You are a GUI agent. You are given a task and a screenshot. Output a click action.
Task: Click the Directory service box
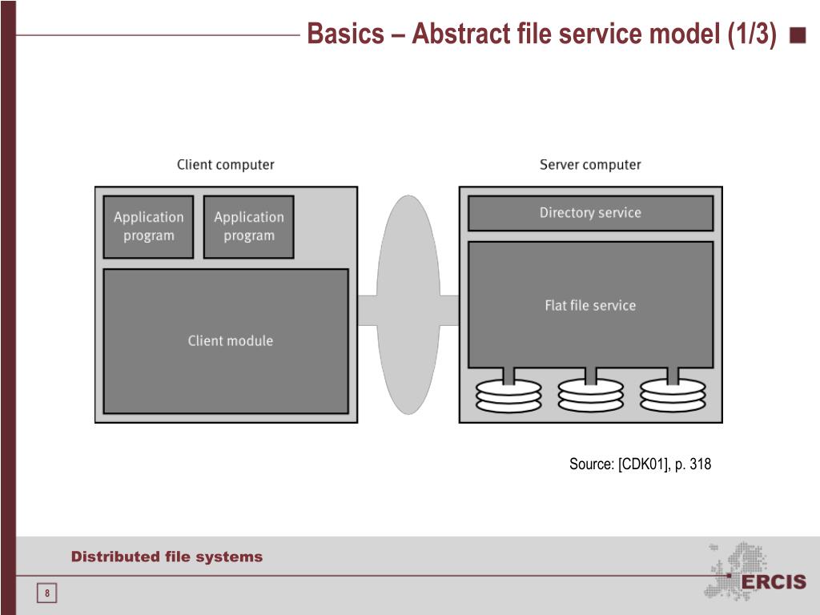click(x=590, y=213)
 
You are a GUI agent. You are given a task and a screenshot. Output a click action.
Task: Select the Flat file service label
click(x=590, y=305)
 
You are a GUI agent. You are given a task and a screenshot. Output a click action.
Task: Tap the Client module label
click(x=231, y=341)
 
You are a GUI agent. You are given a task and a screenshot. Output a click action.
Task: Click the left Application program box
click(x=148, y=227)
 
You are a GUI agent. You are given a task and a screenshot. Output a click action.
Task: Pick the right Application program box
click(x=249, y=227)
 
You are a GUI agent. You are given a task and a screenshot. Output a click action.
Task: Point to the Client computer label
click(x=225, y=165)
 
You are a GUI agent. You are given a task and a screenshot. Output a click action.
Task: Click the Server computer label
click(x=590, y=165)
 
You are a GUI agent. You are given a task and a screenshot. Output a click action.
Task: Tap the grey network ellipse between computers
click(x=408, y=305)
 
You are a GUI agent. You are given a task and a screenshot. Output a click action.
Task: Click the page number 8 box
click(x=46, y=593)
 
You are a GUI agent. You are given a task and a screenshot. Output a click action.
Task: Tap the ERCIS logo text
click(x=774, y=581)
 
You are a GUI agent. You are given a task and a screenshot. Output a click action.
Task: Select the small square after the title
click(x=798, y=35)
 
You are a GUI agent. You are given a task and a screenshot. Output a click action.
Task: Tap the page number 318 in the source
click(x=700, y=464)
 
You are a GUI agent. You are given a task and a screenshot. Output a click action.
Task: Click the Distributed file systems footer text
click(x=167, y=557)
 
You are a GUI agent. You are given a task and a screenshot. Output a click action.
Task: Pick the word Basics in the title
click(x=345, y=34)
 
